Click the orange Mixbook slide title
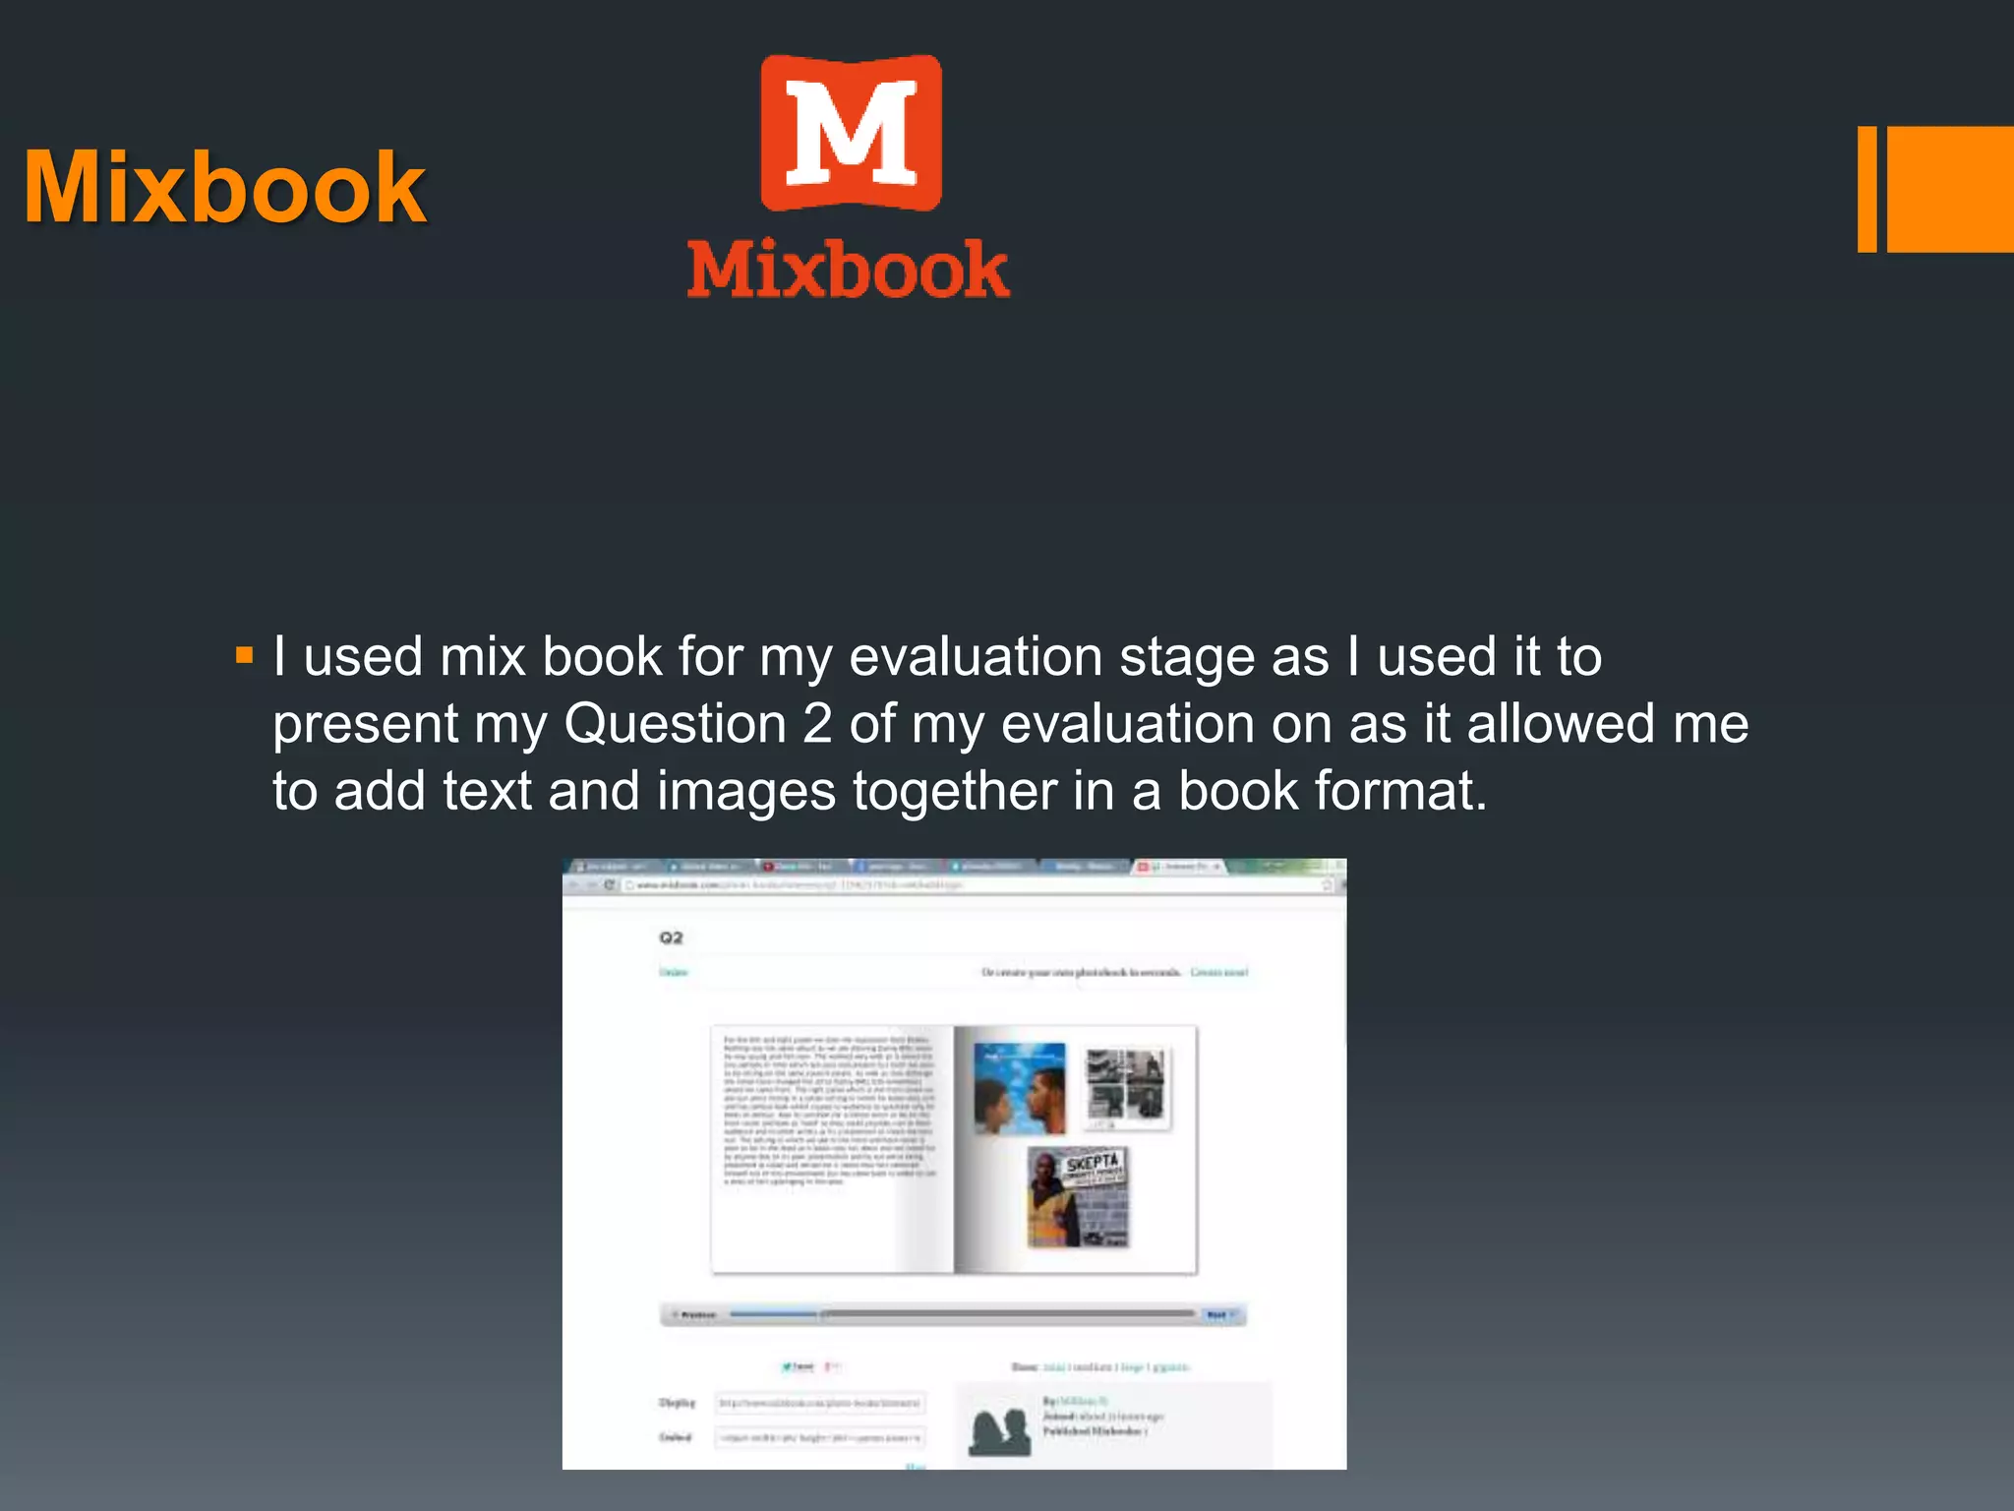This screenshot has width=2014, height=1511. tap(225, 188)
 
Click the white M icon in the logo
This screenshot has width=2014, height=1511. tap(852, 134)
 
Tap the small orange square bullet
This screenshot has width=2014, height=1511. tap(245, 655)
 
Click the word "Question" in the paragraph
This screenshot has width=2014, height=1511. tap(675, 724)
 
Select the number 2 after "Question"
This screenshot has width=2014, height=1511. tap(817, 724)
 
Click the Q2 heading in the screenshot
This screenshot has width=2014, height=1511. tap(671, 937)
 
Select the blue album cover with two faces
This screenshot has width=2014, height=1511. tap(1019, 1088)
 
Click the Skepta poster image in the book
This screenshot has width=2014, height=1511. tap(1078, 1197)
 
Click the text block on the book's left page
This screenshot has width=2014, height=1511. tap(829, 1111)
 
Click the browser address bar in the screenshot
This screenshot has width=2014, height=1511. tap(974, 885)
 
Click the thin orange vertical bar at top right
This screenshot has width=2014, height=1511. tap(1866, 189)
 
